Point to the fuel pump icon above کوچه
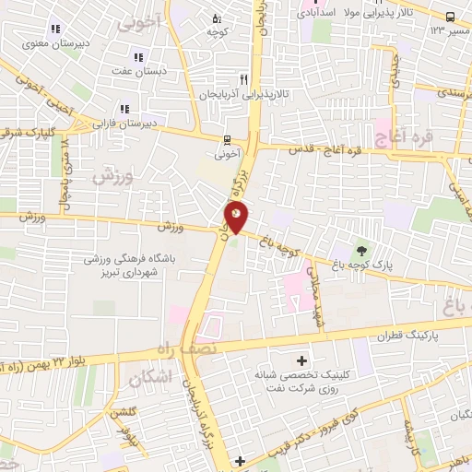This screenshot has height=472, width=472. [x=217, y=18]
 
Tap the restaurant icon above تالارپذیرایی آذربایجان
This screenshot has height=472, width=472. [x=244, y=80]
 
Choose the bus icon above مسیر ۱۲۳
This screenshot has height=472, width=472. [x=450, y=17]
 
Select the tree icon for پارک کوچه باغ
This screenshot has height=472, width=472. [x=362, y=249]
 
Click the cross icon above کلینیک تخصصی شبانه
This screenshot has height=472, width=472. [x=301, y=359]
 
